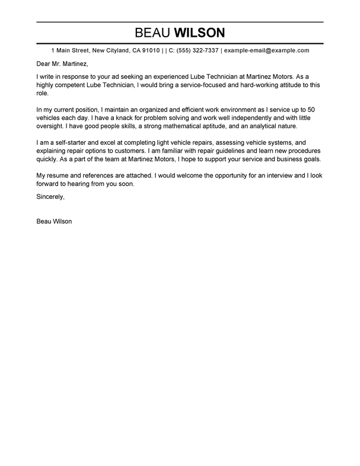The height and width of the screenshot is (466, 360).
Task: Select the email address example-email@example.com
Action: [x=266, y=51]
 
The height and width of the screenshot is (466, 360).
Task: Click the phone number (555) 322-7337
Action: [x=197, y=51]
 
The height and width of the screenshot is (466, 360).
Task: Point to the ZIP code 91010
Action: [x=148, y=51]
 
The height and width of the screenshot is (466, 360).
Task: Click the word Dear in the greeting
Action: [x=44, y=65]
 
